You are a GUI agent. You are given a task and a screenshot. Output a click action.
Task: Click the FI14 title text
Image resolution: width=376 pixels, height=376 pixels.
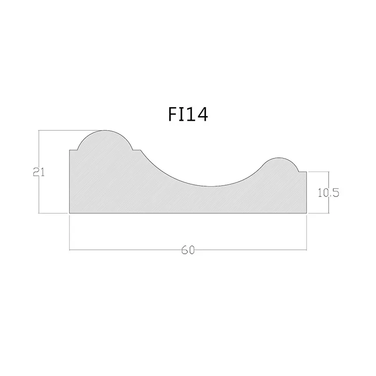[x=188, y=115]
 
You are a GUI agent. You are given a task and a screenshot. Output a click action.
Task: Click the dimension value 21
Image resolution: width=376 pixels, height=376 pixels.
[x=39, y=172]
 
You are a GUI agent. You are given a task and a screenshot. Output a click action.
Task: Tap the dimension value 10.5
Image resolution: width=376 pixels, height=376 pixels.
[x=328, y=193]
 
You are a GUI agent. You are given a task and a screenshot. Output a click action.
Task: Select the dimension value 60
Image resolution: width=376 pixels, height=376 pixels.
[x=188, y=250]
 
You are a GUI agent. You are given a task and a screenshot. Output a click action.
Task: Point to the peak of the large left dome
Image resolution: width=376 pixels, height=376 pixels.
[x=105, y=131]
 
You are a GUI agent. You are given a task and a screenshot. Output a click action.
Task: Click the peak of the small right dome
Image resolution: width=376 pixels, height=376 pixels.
[x=279, y=158]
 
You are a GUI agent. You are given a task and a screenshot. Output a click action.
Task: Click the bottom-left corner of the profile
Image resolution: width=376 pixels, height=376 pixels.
[x=70, y=213]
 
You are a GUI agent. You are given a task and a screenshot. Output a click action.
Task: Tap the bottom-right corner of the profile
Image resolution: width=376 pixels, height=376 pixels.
[x=307, y=213]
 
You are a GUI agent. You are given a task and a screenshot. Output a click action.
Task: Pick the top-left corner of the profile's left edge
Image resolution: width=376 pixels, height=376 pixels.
[x=70, y=150]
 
